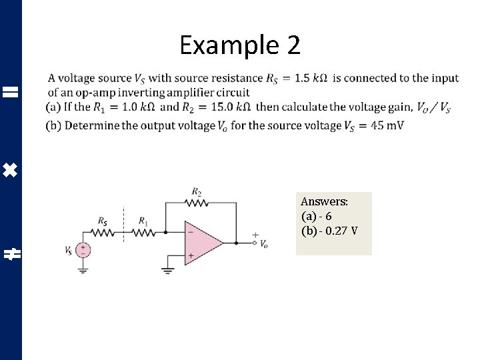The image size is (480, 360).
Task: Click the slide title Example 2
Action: click(x=240, y=45)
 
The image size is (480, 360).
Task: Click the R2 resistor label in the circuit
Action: click(x=197, y=191)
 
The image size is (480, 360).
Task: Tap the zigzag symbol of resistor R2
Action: click(x=197, y=202)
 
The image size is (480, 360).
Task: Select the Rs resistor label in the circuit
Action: click(x=102, y=221)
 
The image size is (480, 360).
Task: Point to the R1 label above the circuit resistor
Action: click(x=143, y=221)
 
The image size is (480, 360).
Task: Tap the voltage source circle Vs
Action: click(x=83, y=251)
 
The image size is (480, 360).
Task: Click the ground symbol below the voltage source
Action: click(x=83, y=270)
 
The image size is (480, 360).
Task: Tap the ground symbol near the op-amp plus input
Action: click(x=167, y=270)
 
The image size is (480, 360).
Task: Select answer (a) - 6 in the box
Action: click(x=317, y=216)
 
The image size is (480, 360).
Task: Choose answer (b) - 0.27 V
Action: click(x=329, y=231)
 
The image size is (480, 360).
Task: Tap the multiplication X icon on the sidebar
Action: click(x=10, y=171)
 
